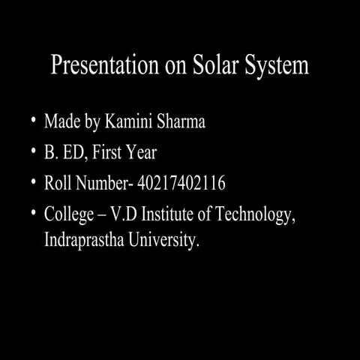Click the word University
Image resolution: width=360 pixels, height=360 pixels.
click(167, 242)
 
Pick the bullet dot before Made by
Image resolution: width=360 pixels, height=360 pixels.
click(34, 121)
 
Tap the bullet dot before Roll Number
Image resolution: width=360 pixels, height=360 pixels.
click(34, 184)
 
